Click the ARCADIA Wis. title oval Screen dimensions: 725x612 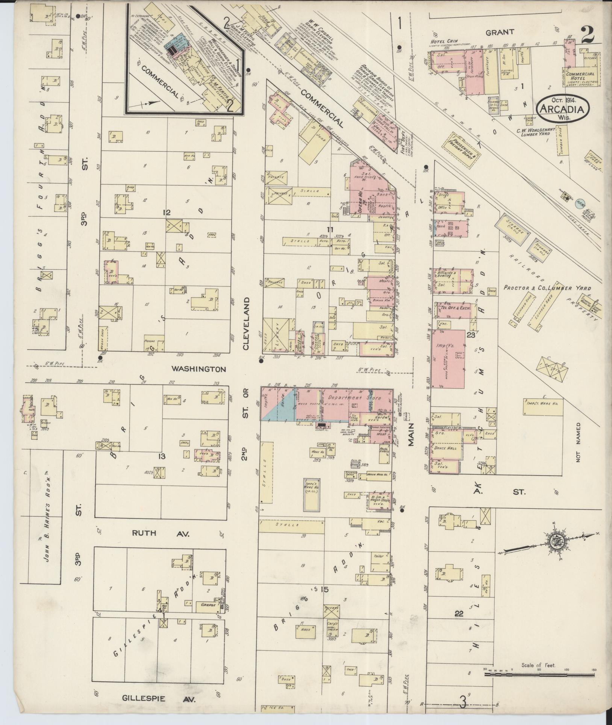pyautogui.click(x=562, y=108)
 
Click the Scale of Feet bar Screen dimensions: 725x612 pyautogui.click(x=539, y=675)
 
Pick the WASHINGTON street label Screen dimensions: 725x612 pyautogui.click(x=199, y=369)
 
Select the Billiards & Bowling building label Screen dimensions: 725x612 pyautogui.click(x=447, y=274)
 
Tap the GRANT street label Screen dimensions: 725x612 pyautogui.click(x=500, y=32)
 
